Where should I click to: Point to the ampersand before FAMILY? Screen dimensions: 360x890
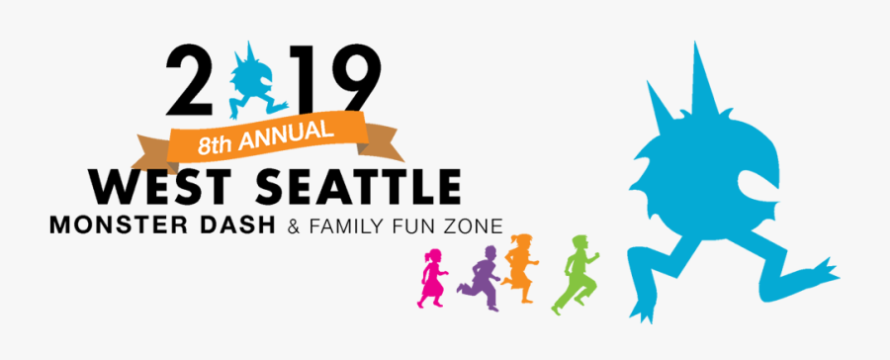pos(292,227)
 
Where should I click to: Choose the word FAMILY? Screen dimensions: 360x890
pos(342,227)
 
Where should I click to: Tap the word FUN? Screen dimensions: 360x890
pos(413,227)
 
